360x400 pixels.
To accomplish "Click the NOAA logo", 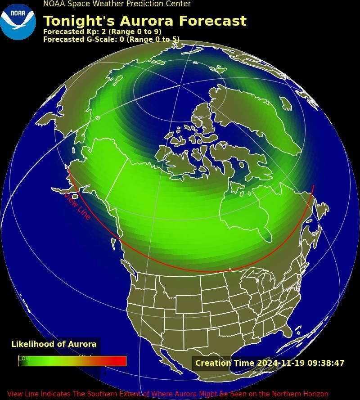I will tap(18, 22).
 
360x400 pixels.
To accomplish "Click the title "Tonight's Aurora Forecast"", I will tap(144, 21).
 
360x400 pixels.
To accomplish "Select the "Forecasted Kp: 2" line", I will tap(102, 32).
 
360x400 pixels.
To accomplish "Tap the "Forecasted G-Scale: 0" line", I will tap(111, 40).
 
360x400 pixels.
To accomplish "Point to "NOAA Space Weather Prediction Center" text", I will tap(117, 4).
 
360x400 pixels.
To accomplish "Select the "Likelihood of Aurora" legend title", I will tap(54, 344).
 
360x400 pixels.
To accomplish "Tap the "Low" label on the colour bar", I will tap(24, 358).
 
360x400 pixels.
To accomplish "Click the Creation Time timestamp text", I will tap(270, 363).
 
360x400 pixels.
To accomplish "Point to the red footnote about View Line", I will tap(168, 394).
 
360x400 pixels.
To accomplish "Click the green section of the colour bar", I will tap(45, 361).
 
